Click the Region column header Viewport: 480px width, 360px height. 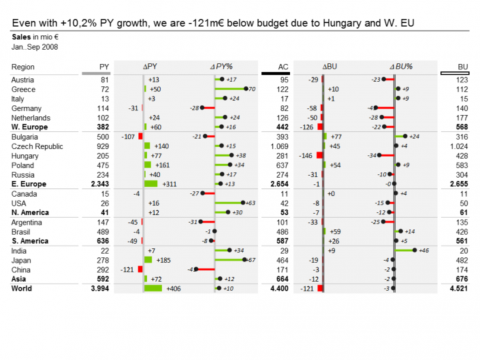tap(23, 67)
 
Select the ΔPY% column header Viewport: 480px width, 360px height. tap(221, 67)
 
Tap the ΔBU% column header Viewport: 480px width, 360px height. tap(401, 67)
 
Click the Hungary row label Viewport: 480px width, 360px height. tap(25, 156)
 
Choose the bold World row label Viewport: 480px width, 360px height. tap(22, 289)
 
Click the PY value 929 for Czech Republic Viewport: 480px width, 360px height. tap(102, 146)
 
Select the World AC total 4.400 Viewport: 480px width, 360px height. tap(279, 289)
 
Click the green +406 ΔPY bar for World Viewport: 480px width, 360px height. tap(153, 289)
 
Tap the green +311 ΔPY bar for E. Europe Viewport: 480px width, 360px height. tap(150, 184)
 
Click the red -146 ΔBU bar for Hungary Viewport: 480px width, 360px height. tap(319, 156)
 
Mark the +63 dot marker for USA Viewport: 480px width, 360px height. tap(242, 203)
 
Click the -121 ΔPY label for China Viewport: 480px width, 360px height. tap(127, 269)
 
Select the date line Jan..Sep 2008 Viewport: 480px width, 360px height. tap(35, 47)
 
